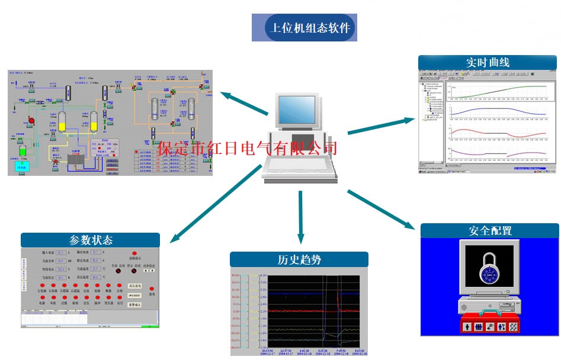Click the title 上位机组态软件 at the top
310,28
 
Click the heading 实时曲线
487,62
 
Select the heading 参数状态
91,240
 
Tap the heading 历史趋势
299,259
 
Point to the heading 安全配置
490,231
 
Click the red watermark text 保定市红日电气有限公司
248,147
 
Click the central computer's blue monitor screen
297,110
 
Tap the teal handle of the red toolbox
489,312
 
